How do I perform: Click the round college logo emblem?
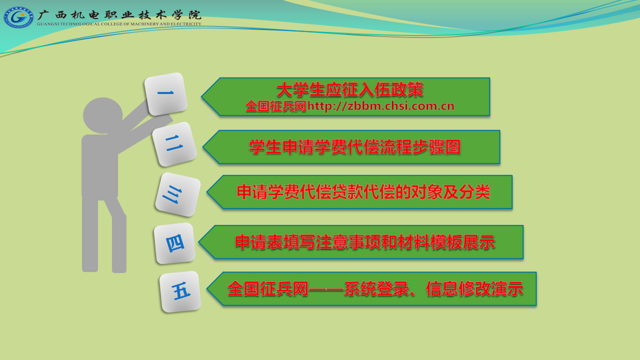pyautogui.click(x=18, y=17)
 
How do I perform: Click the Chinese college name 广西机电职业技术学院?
pyautogui.click(x=119, y=15)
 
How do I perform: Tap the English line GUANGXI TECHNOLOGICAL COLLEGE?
pyautogui.click(x=119, y=24)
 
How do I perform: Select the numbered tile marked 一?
pyautogui.click(x=166, y=93)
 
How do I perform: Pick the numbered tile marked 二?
pyautogui.click(x=174, y=144)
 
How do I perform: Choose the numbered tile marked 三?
pyautogui.click(x=177, y=194)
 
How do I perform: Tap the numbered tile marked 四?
pyautogui.click(x=174, y=243)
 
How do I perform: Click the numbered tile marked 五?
pyautogui.click(x=180, y=291)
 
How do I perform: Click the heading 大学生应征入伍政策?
pyautogui.click(x=350, y=89)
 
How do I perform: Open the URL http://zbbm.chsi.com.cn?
pyautogui.click(x=381, y=106)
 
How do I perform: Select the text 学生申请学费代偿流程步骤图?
pyautogui.click(x=355, y=147)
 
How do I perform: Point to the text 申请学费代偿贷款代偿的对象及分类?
pyautogui.click(x=363, y=191)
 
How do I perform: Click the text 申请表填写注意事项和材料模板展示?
pyautogui.click(x=365, y=242)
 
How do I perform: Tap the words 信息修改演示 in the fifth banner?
pyautogui.click(x=474, y=288)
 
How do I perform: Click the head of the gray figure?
pyautogui.click(x=103, y=115)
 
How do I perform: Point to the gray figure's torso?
pyautogui.click(x=99, y=167)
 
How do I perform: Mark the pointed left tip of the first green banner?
pyautogui.click(x=201, y=96)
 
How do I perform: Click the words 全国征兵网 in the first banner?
pyautogui.click(x=275, y=106)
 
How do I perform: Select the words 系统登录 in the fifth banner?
pyautogui.click(x=376, y=288)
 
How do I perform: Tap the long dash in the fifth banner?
pyautogui.click(x=326, y=289)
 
